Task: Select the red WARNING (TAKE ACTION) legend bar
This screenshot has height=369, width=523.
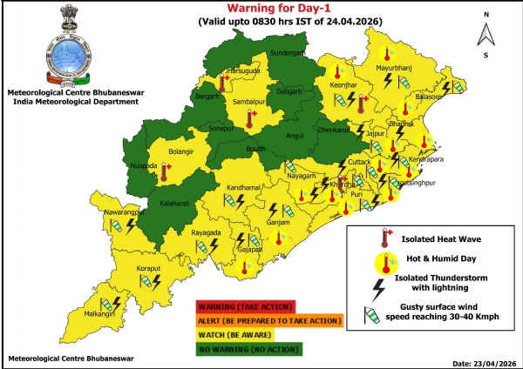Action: point(246,306)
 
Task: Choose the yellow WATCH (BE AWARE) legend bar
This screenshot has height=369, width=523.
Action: point(245,334)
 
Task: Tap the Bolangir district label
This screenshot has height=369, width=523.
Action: point(180,152)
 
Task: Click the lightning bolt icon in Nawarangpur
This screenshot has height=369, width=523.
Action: point(131,225)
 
